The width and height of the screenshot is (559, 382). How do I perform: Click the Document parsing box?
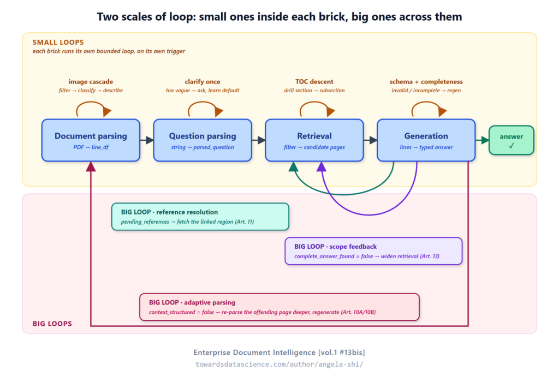tap(91, 140)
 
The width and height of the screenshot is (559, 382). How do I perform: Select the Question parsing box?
tap(203, 140)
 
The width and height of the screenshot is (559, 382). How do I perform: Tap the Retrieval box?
tap(314, 140)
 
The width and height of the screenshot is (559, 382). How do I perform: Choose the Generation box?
tap(426, 140)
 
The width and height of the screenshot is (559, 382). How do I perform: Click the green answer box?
tap(511, 140)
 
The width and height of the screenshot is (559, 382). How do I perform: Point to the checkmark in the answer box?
tap(511, 146)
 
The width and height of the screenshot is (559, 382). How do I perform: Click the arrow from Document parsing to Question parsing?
tap(147, 140)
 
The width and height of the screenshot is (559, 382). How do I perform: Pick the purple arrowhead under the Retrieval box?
tap(322, 166)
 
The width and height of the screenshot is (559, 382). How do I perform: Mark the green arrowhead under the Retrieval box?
tap(293, 166)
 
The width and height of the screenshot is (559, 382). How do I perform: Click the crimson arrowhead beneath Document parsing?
tap(91, 166)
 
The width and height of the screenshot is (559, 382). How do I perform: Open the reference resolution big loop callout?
tap(200, 217)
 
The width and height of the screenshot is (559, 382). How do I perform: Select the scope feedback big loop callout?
tap(373, 251)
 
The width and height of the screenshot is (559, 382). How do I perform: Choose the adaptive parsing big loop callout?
tap(279, 307)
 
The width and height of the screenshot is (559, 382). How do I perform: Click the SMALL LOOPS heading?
tap(58, 43)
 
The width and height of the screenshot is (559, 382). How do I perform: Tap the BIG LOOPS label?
tap(52, 324)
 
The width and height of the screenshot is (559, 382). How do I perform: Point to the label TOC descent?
tap(314, 82)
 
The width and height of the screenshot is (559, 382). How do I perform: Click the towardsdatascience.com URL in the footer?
tap(279, 364)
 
